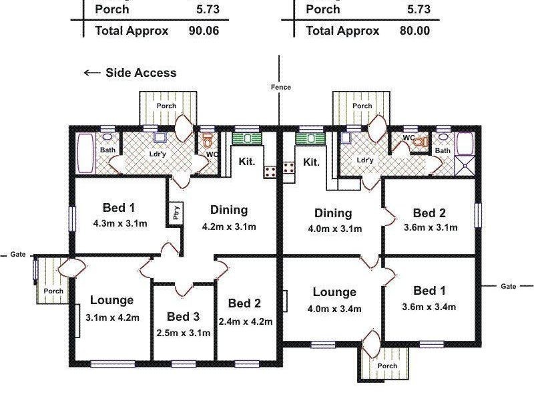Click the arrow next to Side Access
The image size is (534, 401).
(91, 73)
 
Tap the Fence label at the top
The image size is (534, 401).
(281, 87)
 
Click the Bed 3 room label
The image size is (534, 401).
(183, 316)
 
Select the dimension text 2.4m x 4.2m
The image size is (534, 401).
(246, 321)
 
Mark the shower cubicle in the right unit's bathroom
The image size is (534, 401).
(464, 164)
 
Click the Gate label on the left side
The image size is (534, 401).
(17, 255)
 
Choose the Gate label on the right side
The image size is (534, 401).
(509, 286)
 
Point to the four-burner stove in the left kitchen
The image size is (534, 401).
(270, 172)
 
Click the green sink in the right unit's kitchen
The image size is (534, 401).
(309, 138)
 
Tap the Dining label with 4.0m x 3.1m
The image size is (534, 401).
(333, 213)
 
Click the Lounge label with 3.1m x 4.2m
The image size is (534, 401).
(112, 300)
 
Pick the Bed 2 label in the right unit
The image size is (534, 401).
(429, 213)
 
